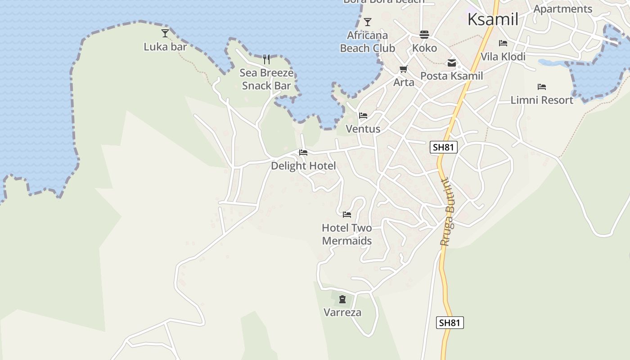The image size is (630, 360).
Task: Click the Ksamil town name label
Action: coord(493,19)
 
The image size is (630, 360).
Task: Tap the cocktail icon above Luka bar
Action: coord(165,33)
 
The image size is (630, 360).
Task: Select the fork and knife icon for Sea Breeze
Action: coord(266,59)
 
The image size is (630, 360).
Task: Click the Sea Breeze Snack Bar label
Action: coord(266,79)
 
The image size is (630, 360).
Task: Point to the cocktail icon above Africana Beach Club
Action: coord(368,22)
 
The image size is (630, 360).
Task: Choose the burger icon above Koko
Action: coord(424,35)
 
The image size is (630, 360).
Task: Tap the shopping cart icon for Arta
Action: coord(403,69)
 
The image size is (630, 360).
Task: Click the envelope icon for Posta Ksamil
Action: coord(451,63)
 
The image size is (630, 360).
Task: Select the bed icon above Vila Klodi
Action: coord(503,43)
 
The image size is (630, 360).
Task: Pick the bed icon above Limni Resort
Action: coord(542,87)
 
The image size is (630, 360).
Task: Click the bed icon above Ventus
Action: coord(363,116)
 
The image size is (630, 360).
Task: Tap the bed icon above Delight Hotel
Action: coord(303,153)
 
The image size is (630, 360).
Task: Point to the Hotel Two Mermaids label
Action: coord(347,234)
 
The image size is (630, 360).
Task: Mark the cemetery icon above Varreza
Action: coord(342,299)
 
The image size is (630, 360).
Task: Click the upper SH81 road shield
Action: coord(443,147)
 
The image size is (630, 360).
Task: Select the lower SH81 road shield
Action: coord(450,323)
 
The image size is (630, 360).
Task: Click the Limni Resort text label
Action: coord(542,100)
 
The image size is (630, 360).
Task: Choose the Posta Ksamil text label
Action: coord(451,76)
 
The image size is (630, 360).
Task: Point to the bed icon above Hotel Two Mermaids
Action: coord(346,215)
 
